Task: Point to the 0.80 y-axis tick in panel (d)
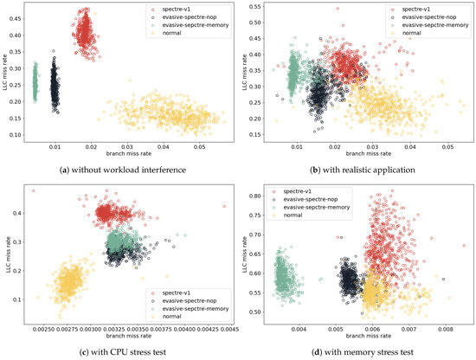pos(253,196)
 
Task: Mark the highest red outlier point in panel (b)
pos(337,9)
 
